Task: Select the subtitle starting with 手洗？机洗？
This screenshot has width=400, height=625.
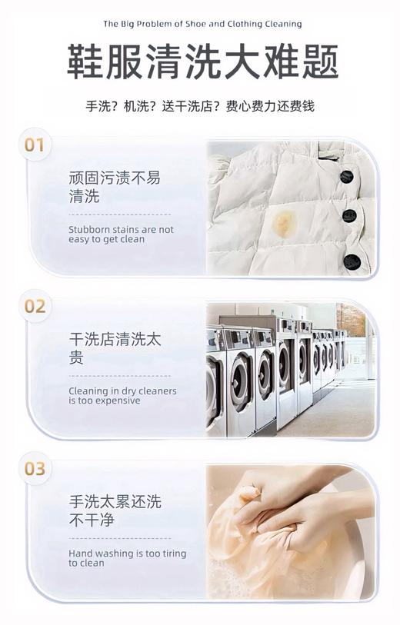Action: coord(200,106)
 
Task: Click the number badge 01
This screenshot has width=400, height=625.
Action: coord(35,145)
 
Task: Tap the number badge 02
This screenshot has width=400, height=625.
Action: coord(35,306)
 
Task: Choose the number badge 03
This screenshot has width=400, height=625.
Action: coord(35,468)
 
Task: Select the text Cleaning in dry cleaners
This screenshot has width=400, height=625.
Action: coord(122,395)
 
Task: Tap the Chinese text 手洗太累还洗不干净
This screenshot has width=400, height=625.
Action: coord(115,510)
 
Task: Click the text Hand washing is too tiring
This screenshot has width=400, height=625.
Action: coord(127,557)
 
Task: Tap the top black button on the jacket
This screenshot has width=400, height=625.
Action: coord(347,176)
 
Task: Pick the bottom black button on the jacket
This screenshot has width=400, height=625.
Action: coord(352,261)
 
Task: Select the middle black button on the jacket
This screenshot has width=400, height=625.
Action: coord(349,216)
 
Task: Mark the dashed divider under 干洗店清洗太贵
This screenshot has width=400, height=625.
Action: coord(119,376)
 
